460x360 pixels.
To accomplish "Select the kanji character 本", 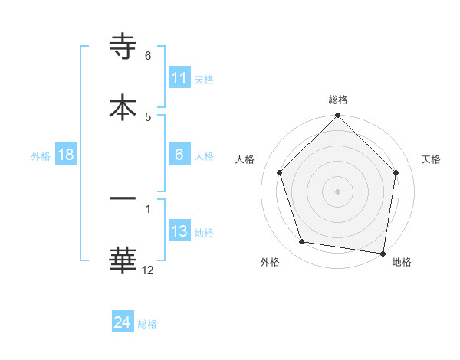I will coord(123,106).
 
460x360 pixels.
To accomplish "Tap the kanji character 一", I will coord(123,198).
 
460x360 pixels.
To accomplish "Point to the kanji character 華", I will coord(123,259).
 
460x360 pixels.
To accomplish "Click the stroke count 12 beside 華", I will coord(148,269).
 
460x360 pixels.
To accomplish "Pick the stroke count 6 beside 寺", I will coord(148,56).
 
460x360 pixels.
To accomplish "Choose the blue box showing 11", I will coord(179,78).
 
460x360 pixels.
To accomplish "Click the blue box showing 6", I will coord(179,155).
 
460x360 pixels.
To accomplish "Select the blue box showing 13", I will coord(179,231).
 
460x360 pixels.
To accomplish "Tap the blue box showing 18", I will coord(66,155).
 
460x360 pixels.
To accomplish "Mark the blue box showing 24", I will coord(123,323).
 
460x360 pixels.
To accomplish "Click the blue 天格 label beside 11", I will coord(204,79).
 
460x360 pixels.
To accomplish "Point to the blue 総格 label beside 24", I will coord(147,324).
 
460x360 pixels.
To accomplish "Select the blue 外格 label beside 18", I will coord(41,155).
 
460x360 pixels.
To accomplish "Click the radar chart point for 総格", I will coord(337,116).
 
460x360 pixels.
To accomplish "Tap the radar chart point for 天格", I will coord(396,172).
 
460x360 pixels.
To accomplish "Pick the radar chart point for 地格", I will coord(383,253).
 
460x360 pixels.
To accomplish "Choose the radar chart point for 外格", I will coord(302,242).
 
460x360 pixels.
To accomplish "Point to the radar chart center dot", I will coord(337,190).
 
